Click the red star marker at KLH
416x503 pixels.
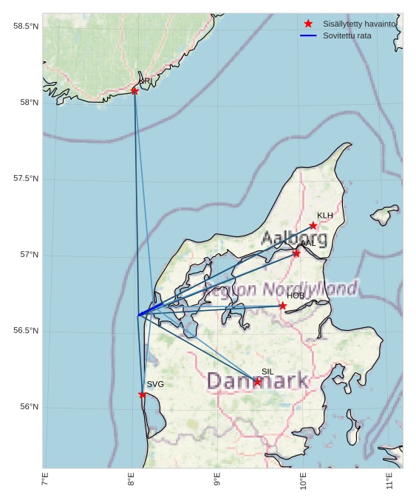point(313,225)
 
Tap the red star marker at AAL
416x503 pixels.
point(296,253)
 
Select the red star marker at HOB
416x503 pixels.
point(283,306)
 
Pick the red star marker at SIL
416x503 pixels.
point(257,382)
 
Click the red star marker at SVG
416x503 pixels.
point(143,394)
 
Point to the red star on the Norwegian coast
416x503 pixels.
point(134,91)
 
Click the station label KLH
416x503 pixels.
point(325,216)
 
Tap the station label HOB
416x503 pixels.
point(296,295)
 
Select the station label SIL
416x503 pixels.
point(267,372)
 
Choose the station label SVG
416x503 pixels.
point(155,384)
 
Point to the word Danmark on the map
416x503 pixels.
point(257,381)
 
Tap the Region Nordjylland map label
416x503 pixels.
point(281,289)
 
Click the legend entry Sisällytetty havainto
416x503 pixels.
point(359,24)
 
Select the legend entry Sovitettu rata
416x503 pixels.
point(347,35)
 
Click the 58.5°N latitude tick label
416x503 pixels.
point(26,27)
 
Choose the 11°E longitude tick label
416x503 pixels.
point(389,482)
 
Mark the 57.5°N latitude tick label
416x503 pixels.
point(26,179)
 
